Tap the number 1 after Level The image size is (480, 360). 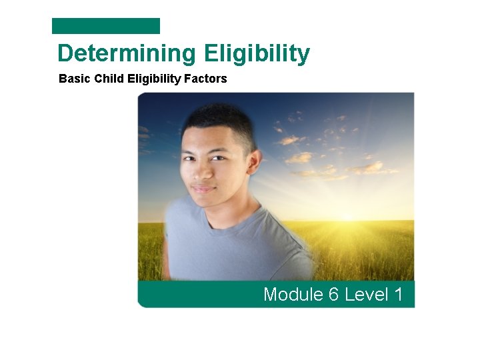[398, 294]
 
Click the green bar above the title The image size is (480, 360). [106, 26]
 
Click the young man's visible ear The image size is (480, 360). [253, 161]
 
